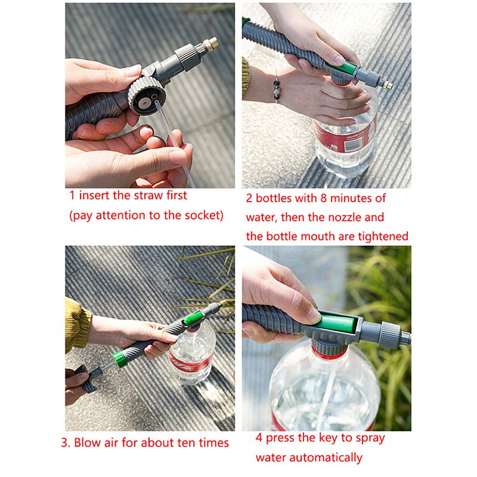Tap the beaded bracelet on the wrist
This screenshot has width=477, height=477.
(x=277, y=86)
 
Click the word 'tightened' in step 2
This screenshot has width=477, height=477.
(x=383, y=236)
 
